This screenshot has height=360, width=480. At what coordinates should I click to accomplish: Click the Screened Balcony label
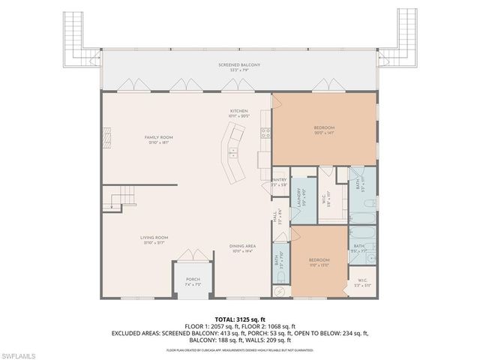pyautogui.click(x=239, y=66)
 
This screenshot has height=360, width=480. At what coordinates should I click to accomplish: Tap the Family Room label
pyautogui.click(x=158, y=139)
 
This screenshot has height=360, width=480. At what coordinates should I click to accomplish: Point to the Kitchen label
pyautogui.click(x=238, y=114)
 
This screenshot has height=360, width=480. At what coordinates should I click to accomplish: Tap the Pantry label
pyautogui.click(x=279, y=181)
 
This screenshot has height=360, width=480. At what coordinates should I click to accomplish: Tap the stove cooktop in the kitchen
pyautogui.click(x=265, y=134)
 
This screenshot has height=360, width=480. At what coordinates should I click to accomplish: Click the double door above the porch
pyautogui.click(x=193, y=256)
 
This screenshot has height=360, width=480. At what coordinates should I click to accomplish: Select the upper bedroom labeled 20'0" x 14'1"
pyautogui.click(x=324, y=130)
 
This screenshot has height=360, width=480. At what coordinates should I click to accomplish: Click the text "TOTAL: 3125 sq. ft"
pyautogui.click(x=239, y=319)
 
